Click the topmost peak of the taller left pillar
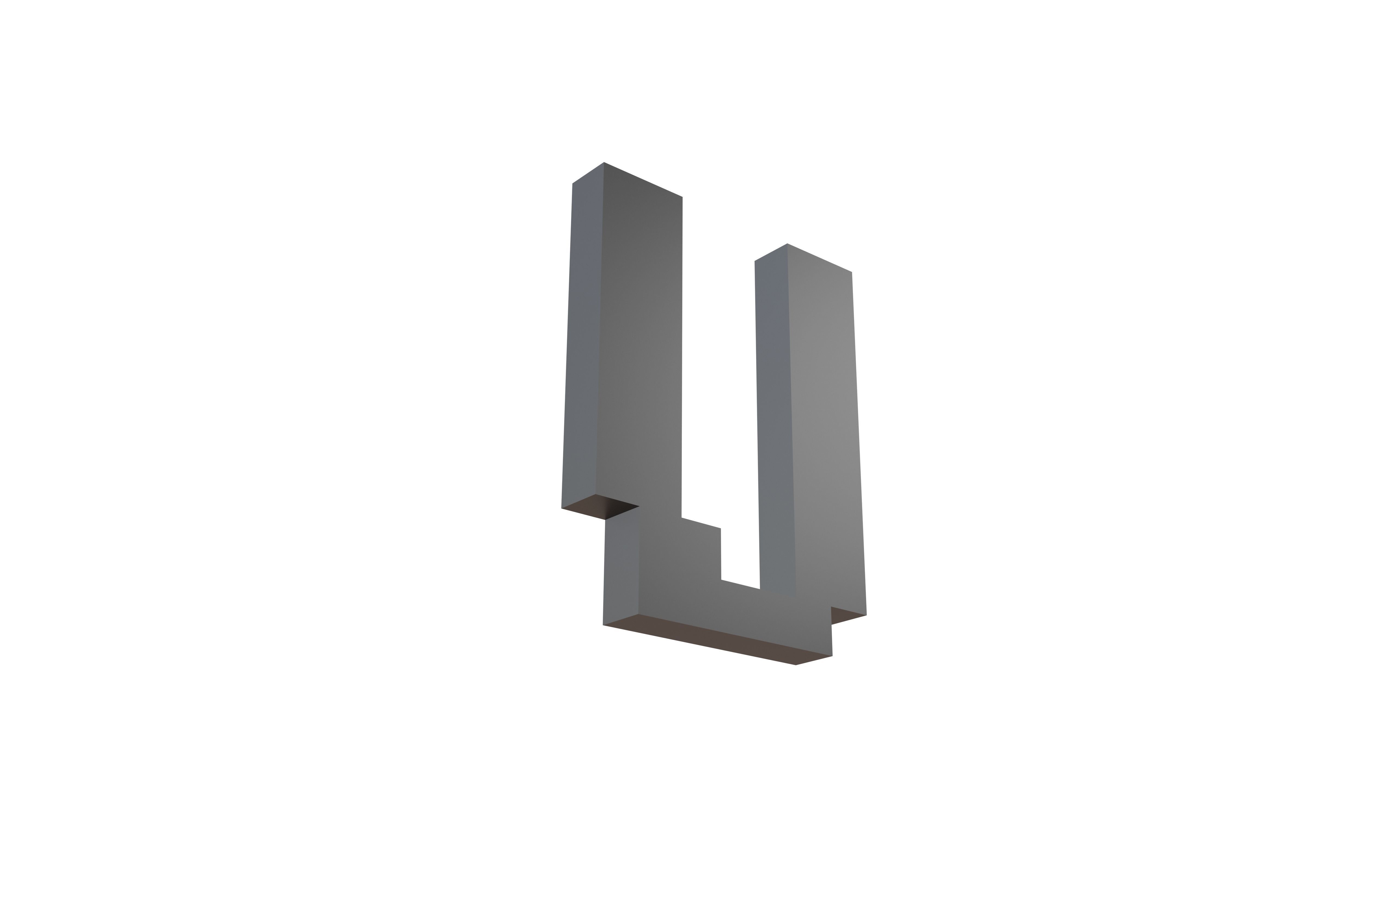[x=604, y=163]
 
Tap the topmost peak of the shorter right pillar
[x=787, y=244]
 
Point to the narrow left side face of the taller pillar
[x=584, y=339]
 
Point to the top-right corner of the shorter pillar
[x=851, y=272]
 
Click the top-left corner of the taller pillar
[x=572, y=183]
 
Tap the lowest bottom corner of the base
[x=796, y=665]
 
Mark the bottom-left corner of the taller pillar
[x=561, y=508]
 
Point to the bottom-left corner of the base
[x=603, y=625]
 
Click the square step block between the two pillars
[x=700, y=555]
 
